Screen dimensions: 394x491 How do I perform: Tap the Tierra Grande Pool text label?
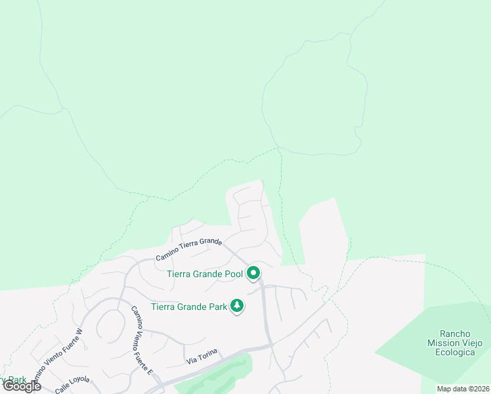click(205, 274)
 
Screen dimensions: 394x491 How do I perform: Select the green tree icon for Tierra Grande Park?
click(236, 306)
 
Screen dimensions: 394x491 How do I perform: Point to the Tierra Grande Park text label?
click(189, 306)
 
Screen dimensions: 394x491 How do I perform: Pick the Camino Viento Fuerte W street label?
click(58, 355)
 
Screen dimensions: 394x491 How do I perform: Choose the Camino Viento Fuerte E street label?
click(142, 340)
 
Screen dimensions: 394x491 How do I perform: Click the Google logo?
click(22, 386)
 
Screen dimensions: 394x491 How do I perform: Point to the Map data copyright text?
click(463, 389)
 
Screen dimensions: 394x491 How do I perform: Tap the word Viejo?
click(472, 343)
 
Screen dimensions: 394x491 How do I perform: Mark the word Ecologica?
click(455, 352)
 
